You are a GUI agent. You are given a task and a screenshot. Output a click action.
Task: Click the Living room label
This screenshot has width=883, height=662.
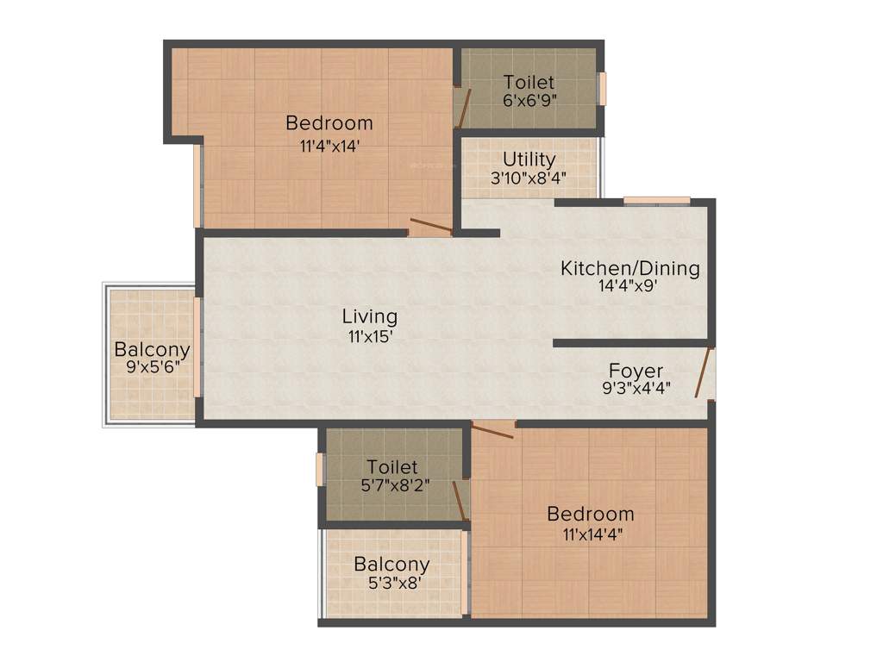click(369, 316)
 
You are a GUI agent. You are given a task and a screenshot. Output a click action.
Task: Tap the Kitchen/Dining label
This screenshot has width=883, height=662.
click(630, 268)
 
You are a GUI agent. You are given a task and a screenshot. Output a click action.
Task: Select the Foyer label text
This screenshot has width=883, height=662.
click(636, 371)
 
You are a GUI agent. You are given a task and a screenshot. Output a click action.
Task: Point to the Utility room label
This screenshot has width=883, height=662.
click(529, 160)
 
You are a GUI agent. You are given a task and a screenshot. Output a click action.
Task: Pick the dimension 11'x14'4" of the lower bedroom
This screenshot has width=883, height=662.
click(592, 534)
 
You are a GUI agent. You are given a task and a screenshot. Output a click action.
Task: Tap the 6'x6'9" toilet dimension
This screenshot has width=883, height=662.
click(529, 100)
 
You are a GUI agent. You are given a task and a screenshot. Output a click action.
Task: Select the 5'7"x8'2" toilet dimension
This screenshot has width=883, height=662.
click(391, 485)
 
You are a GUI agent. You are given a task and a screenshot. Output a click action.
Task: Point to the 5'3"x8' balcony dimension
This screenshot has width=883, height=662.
click(391, 583)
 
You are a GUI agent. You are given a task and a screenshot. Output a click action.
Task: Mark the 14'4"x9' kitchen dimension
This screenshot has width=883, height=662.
click(630, 287)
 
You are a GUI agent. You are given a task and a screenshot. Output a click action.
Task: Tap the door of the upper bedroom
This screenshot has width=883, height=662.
click(430, 228)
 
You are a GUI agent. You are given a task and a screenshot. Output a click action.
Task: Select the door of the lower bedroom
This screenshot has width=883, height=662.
click(493, 429)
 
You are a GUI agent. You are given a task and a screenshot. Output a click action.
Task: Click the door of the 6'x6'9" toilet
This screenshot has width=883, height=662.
click(463, 107)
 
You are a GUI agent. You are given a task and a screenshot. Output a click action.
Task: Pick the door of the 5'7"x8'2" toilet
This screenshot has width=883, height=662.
click(460, 501)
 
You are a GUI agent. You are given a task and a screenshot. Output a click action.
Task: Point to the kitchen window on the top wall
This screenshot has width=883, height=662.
click(657, 202)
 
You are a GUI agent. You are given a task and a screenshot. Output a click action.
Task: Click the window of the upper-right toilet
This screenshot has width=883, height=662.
click(602, 88)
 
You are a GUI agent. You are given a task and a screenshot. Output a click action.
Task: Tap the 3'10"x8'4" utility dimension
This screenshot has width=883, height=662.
click(529, 179)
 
